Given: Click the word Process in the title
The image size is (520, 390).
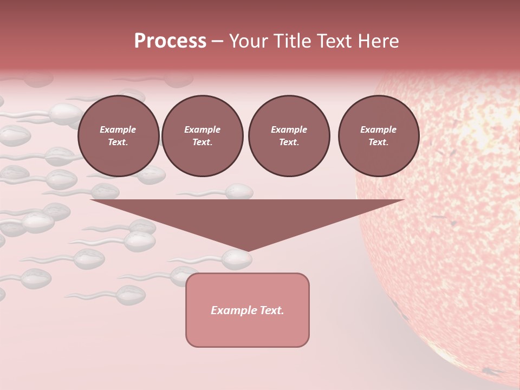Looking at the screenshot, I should tap(170, 41).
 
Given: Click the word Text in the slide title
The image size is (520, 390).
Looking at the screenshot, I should tap(335, 41).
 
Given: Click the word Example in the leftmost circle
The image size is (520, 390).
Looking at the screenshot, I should tap(118, 129).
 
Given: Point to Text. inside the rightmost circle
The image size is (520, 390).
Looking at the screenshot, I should tap(378, 142).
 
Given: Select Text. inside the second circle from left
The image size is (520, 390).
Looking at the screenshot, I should tap(203, 142).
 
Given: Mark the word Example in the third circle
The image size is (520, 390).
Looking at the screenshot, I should tap(289, 129).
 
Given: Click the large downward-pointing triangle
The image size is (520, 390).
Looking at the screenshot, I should tap(248, 217).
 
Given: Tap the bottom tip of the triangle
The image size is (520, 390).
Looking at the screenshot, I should tap(248, 250).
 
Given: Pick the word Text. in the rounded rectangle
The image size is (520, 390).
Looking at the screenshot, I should tap(272, 310).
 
